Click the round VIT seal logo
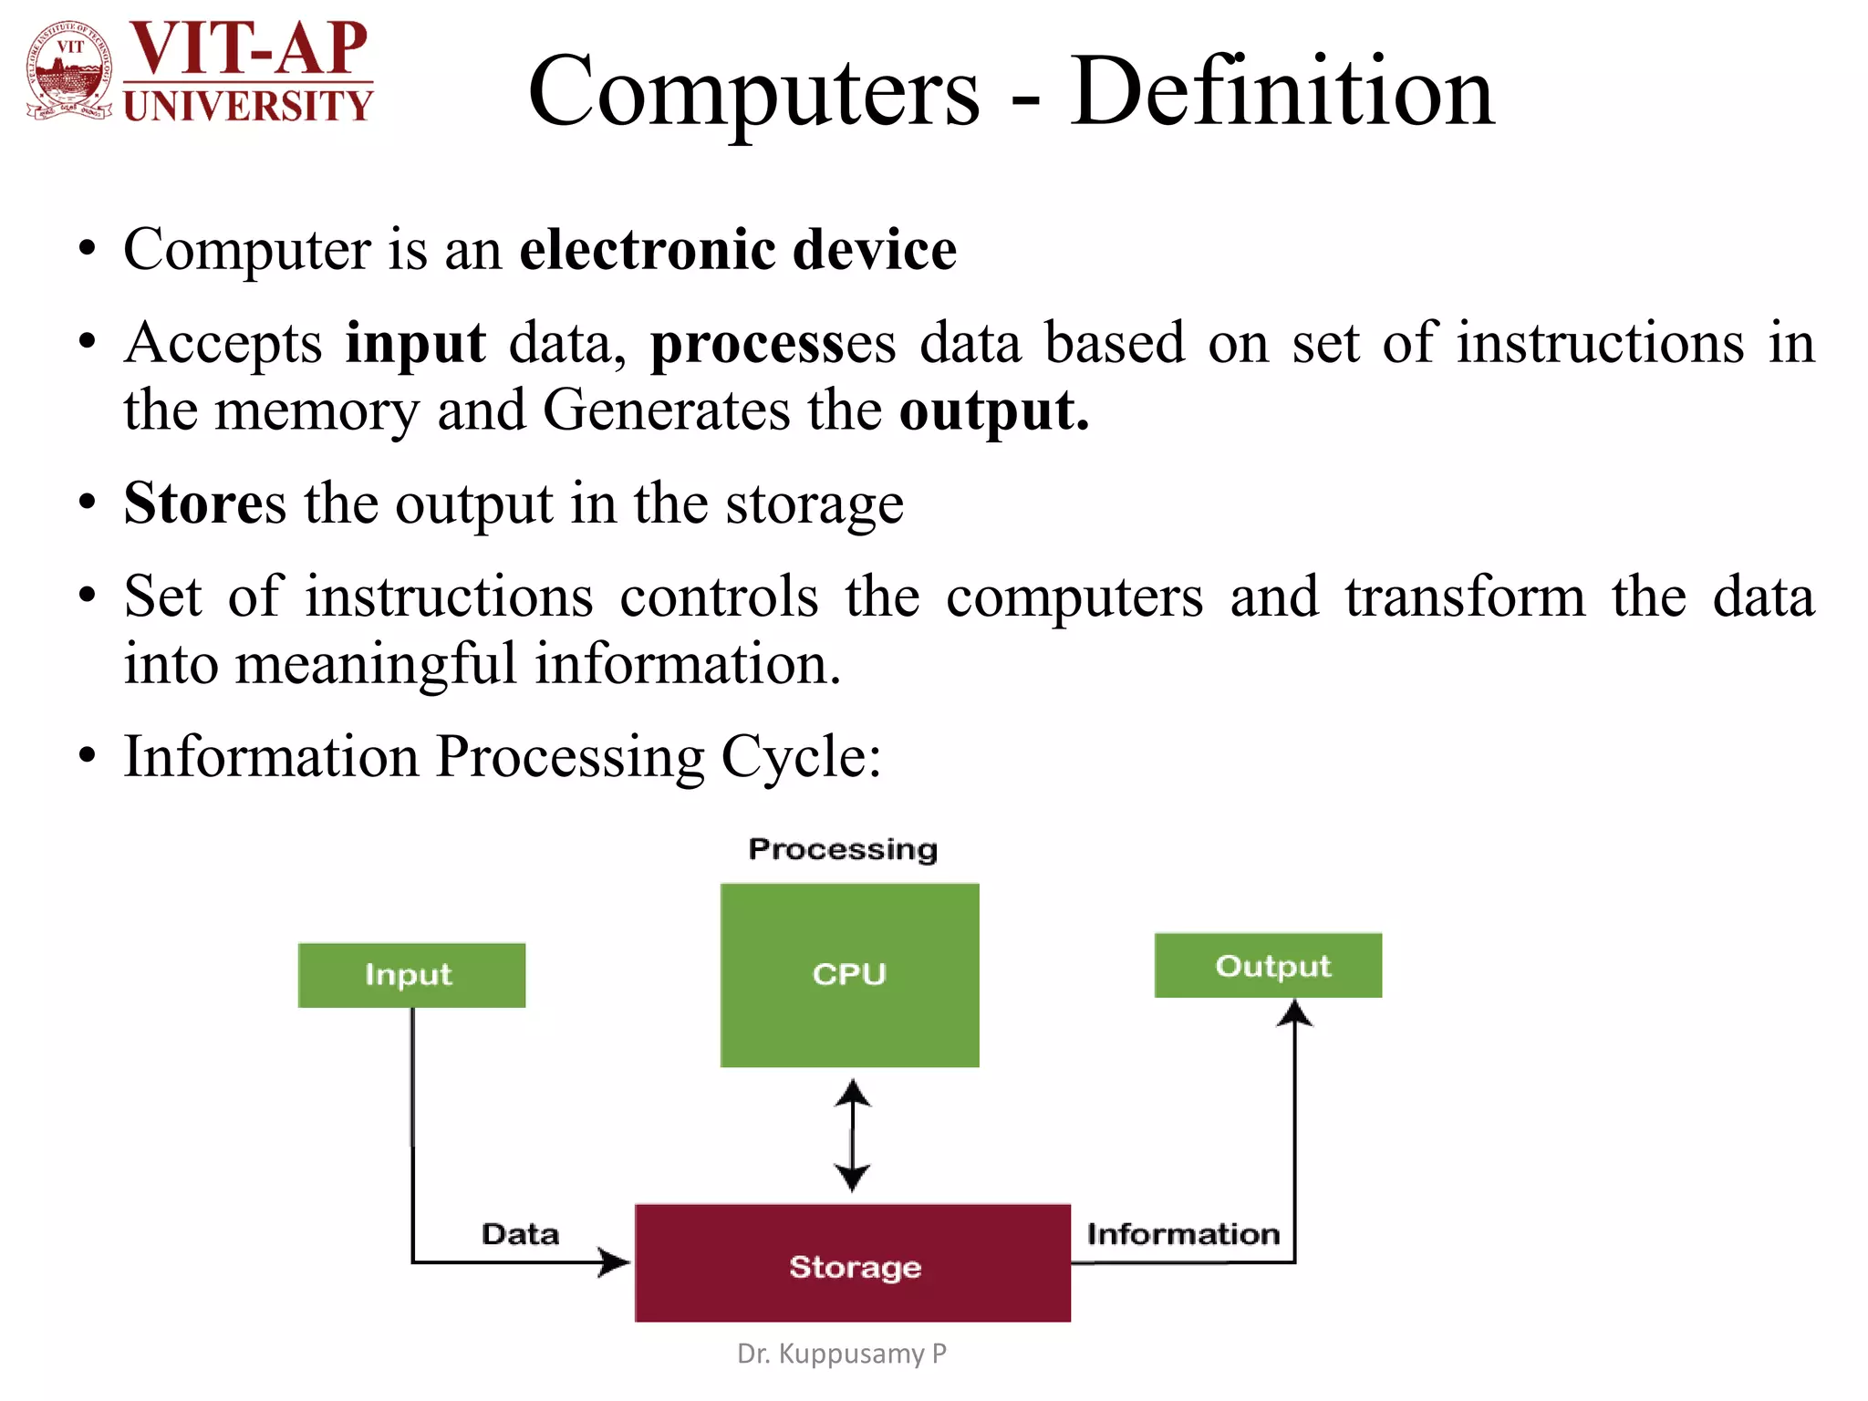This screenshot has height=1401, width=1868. click(70, 71)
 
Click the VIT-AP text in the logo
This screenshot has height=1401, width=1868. click(248, 49)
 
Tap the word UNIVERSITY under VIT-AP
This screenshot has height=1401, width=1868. click(248, 106)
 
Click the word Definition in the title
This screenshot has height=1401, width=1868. click(1282, 91)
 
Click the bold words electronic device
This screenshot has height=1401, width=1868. click(737, 249)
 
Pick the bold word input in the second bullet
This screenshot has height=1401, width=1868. click(415, 344)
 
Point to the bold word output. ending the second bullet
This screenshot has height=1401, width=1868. click(993, 410)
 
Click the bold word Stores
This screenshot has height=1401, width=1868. click(204, 503)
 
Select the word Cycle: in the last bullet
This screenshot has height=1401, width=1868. click(801, 756)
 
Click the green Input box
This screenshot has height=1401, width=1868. click(411, 975)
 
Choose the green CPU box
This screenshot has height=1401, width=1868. click(849, 974)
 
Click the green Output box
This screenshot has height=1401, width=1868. click(1268, 965)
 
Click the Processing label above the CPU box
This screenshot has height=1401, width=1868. click(843, 849)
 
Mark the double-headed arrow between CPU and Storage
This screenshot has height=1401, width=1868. click(852, 1136)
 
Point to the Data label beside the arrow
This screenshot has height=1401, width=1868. click(520, 1234)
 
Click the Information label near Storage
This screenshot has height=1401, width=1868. click(1183, 1234)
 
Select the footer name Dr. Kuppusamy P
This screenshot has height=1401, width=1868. click(841, 1354)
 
